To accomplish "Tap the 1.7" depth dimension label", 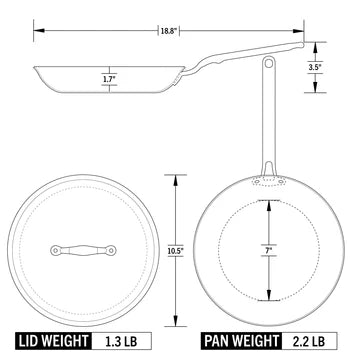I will tap(108, 76).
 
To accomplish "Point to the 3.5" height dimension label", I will tap(314, 68).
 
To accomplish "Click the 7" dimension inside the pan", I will tap(268, 247).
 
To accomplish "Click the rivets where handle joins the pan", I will tap(268, 183).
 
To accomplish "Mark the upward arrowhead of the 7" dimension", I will tap(268, 199).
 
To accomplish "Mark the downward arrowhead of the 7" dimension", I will tap(268, 297).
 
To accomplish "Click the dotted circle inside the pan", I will tap(225, 248).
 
